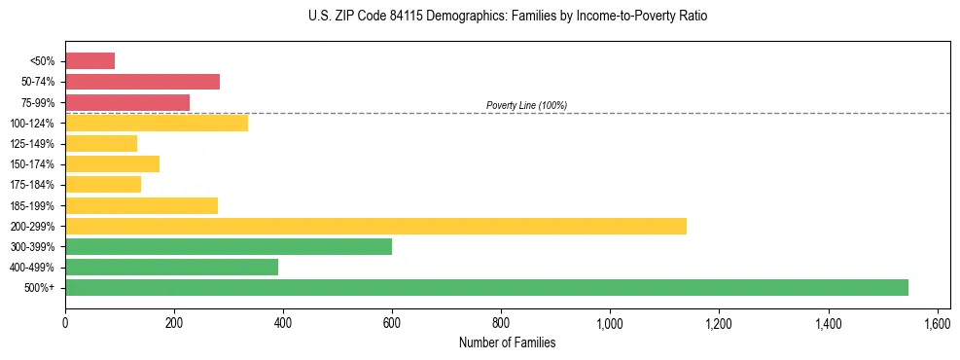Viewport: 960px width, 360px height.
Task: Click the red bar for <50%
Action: pos(89,61)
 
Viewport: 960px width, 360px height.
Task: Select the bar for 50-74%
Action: pos(142,82)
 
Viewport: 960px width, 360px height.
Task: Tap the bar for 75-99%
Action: pos(127,102)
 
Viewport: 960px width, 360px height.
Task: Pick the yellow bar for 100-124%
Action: pos(157,123)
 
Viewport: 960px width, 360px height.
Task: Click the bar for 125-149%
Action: pos(101,144)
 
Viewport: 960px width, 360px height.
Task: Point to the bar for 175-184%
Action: pos(103,185)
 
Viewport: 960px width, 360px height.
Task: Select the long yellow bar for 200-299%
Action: pos(375,226)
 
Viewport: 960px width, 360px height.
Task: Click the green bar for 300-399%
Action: pos(229,246)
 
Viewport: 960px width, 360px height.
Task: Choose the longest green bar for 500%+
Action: pos(486,287)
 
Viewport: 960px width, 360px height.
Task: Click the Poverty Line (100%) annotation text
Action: pos(526,105)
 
